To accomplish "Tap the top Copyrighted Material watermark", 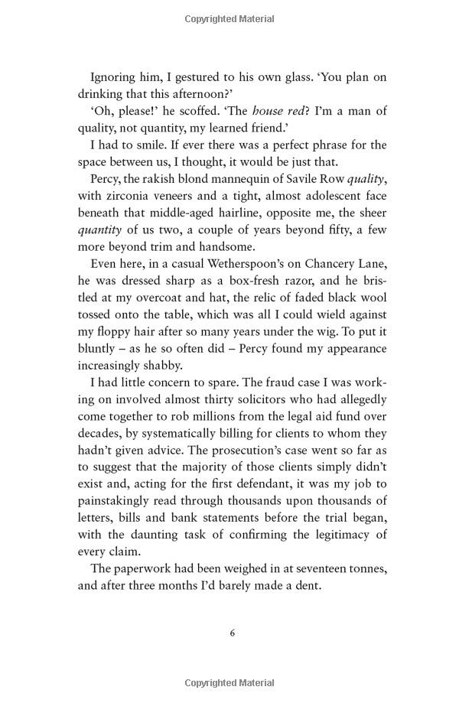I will (229, 17).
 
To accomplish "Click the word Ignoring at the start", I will (115, 76).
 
